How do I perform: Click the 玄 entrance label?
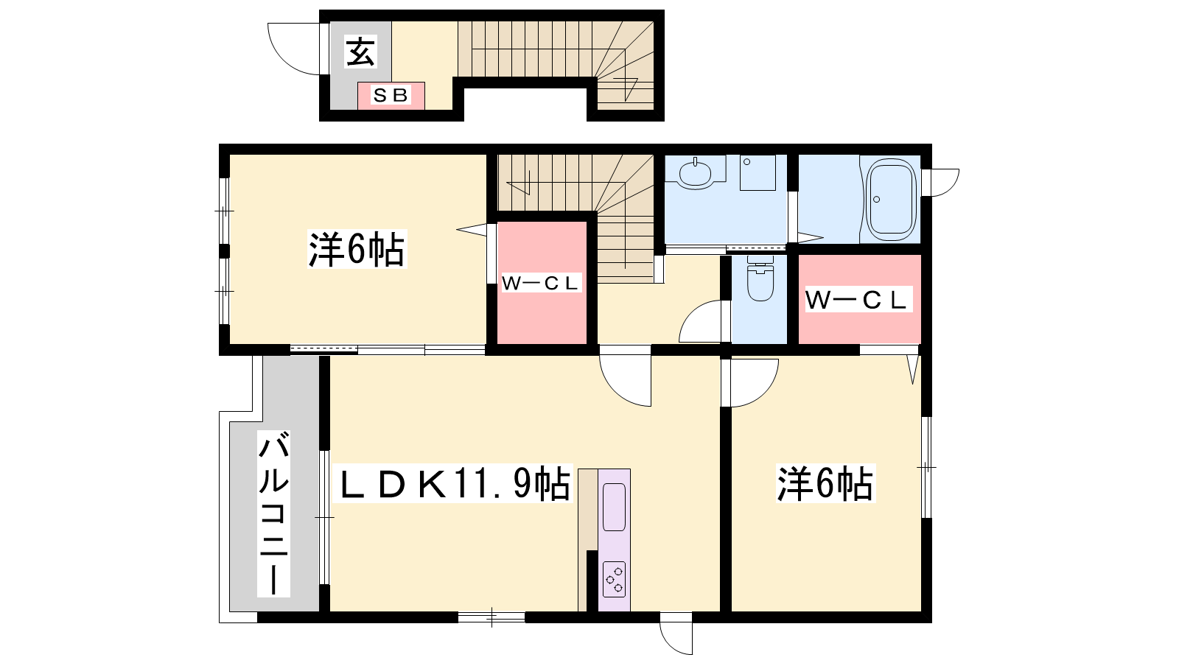(x=360, y=52)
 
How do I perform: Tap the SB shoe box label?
(x=391, y=96)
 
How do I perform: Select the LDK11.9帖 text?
(x=453, y=484)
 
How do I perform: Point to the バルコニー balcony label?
(x=273, y=513)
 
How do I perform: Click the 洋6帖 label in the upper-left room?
(x=357, y=249)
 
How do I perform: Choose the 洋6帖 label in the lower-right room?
(x=825, y=483)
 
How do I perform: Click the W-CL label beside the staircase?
(x=541, y=283)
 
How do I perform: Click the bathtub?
(x=891, y=199)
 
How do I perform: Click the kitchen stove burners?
(x=615, y=579)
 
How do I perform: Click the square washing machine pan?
(x=758, y=172)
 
